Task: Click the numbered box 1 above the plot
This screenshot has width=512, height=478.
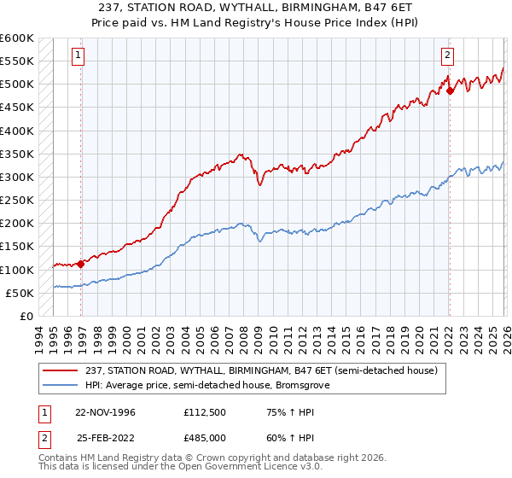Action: (78, 56)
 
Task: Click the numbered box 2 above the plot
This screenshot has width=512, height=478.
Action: (446, 56)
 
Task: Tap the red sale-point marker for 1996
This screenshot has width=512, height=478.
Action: (81, 264)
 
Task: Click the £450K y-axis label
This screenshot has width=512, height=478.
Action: (17, 108)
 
